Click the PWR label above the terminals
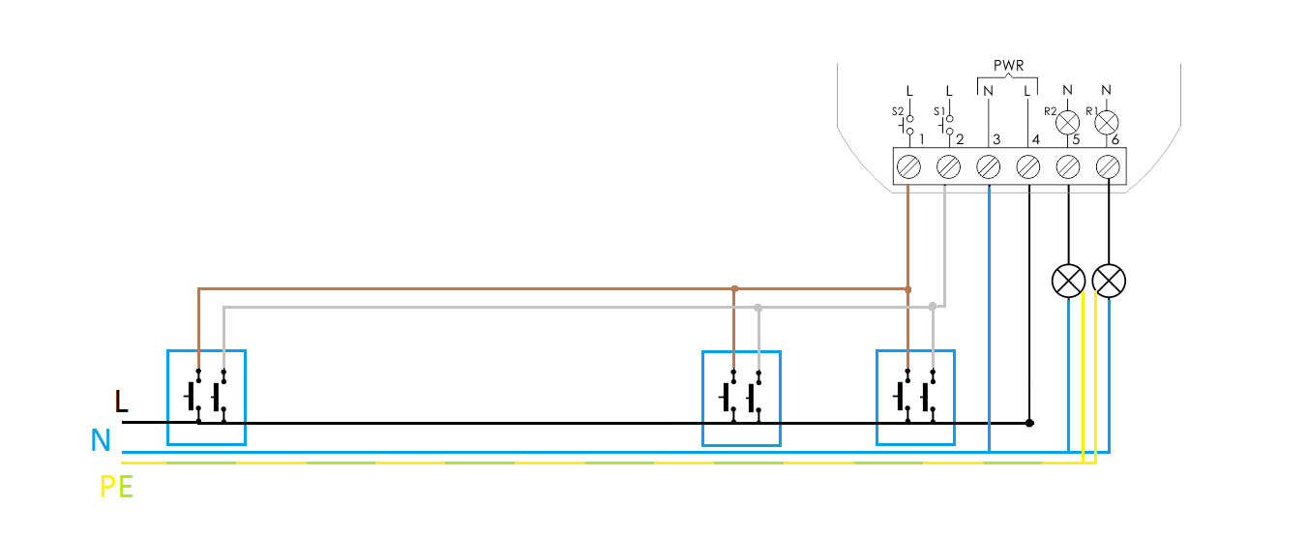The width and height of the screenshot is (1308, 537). tap(1008, 66)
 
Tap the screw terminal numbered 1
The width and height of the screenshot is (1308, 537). tap(908, 167)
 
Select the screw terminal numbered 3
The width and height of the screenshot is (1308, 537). tap(988, 167)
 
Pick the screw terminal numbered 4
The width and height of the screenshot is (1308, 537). tap(1027, 167)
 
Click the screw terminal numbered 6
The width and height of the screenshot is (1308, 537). tap(1108, 167)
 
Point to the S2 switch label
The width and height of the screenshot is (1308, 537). tap(898, 111)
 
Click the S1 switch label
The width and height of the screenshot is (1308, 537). tap(938, 111)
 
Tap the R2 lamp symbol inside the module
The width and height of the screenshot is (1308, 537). tap(1068, 123)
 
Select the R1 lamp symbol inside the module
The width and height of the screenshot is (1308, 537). tap(1107, 123)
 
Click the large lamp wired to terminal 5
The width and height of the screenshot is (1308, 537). tap(1069, 281)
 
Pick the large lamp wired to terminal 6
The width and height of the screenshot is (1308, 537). tap(1109, 281)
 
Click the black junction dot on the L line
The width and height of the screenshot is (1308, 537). tap(1029, 423)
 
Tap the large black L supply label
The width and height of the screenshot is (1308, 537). tap(121, 402)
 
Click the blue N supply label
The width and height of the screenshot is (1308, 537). tap(101, 440)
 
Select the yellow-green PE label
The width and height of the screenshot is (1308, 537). tap(117, 487)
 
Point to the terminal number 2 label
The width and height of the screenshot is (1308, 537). tap(960, 139)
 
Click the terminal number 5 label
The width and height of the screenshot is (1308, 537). tap(1076, 139)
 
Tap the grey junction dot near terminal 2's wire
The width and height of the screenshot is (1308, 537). tap(933, 307)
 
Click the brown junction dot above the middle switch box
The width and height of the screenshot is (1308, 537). tap(734, 289)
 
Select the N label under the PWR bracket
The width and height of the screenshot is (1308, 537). tap(988, 91)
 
